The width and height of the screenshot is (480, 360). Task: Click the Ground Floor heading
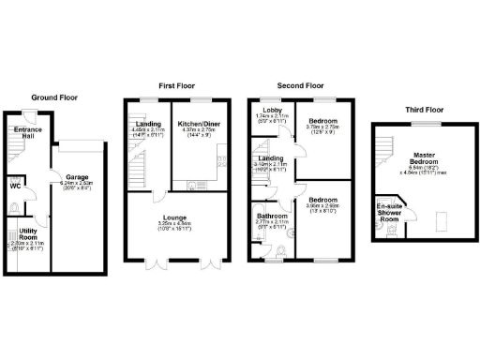click(55, 97)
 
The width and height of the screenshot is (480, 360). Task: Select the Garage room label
click(76, 175)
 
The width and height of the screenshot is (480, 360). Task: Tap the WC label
click(14, 185)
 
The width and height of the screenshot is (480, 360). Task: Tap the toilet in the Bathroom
click(282, 249)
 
